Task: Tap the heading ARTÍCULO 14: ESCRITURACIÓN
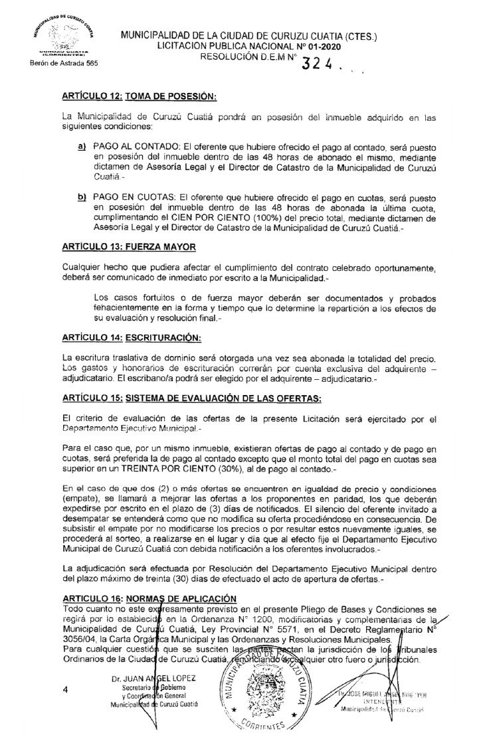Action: (131, 338)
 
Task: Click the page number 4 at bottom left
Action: (65, 691)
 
